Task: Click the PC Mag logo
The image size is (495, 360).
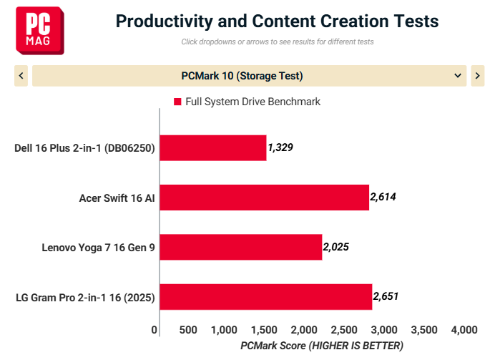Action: (x=40, y=31)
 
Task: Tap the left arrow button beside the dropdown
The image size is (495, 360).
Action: (x=21, y=76)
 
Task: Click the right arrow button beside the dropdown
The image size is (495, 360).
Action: (x=477, y=76)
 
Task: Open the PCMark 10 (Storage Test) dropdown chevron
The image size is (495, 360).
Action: (x=457, y=76)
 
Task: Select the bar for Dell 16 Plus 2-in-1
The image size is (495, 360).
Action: (x=213, y=147)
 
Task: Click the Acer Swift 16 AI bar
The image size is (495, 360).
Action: (x=265, y=198)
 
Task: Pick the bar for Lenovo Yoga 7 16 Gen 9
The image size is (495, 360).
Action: (x=241, y=247)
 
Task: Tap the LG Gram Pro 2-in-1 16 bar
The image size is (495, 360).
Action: (x=266, y=297)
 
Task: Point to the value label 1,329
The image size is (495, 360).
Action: (x=280, y=147)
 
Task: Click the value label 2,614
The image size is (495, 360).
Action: (x=383, y=197)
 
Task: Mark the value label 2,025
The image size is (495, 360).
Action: (x=336, y=247)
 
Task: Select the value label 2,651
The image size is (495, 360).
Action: (x=386, y=296)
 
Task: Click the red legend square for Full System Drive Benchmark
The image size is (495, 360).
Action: (x=177, y=102)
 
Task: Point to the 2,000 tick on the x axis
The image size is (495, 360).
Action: (x=304, y=330)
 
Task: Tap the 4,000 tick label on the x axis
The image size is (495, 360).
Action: (x=464, y=330)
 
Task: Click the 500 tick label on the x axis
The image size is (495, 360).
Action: (x=188, y=330)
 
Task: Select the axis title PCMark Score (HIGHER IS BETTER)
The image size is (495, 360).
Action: (x=322, y=346)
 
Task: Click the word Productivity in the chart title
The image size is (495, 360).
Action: (x=164, y=21)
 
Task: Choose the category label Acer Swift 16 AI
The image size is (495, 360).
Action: (x=117, y=198)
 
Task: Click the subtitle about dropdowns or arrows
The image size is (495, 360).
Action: (x=278, y=42)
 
